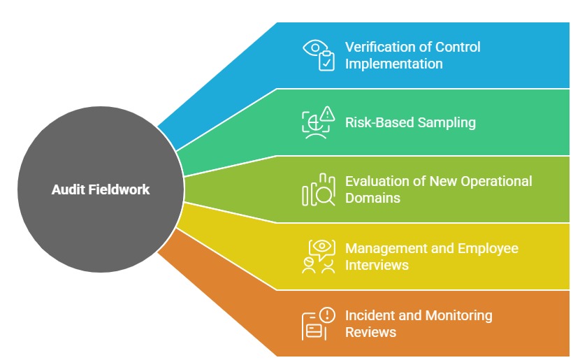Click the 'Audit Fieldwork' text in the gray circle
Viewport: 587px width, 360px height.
point(101,189)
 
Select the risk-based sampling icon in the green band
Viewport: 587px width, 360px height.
point(318,123)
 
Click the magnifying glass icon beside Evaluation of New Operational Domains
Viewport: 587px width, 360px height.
point(318,189)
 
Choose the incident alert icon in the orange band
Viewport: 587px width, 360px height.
point(318,324)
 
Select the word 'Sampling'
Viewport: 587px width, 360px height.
point(447,122)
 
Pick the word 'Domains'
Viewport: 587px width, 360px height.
point(372,198)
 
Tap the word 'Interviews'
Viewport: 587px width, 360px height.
point(377,265)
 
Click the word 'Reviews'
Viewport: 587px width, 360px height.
point(370,332)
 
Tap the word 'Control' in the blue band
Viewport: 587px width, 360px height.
point(458,48)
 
